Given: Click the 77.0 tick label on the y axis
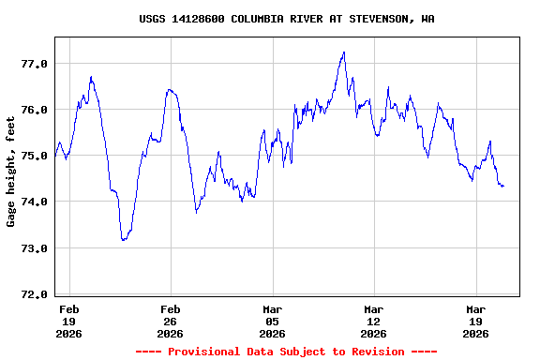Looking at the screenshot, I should pos(34,64).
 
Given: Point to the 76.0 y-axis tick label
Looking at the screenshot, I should pos(34,110).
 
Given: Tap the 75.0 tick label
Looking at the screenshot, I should pos(34,156).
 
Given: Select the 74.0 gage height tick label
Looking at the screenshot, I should pos(34,202).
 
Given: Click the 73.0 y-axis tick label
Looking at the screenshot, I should pos(34,248).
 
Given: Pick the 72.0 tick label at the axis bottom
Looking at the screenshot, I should pos(34,294).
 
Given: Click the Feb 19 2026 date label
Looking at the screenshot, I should pos(68,321).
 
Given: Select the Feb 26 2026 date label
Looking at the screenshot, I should pos(170,321).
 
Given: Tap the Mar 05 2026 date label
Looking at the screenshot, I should pos(272,321).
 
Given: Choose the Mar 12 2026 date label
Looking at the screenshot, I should pos(373,321).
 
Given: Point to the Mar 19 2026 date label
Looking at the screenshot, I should pos(475,321).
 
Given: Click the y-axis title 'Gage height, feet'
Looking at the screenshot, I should pos(11,172).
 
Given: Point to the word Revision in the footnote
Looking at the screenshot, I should pos(374,352).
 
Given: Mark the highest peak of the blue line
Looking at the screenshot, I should pos(344,52).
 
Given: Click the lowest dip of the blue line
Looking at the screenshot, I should pos(123,240).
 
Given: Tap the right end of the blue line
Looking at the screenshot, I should pos(503,187).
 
